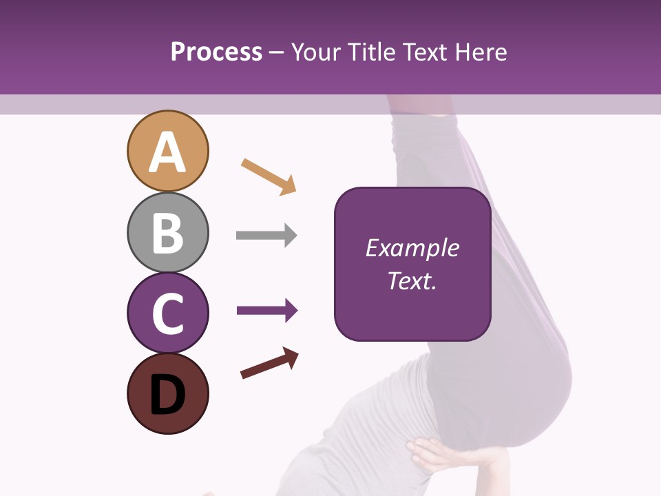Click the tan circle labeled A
click(x=167, y=151)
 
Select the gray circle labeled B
click(x=167, y=232)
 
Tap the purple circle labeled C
click(x=167, y=313)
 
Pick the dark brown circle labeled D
click(x=167, y=393)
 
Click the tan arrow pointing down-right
click(x=269, y=176)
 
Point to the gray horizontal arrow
click(x=266, y=236)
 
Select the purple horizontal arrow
click(x=267, y=311)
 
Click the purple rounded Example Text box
click(x=412, y=264)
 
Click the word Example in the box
click(x=412, y=248)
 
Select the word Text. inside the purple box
click(x=412, y=281)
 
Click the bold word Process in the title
click(x=216, y=52)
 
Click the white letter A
click(x=167, y=152)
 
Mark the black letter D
click(x=167, y=395)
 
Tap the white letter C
click(x=167, y=314)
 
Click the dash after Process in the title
click(x=276, y=53)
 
